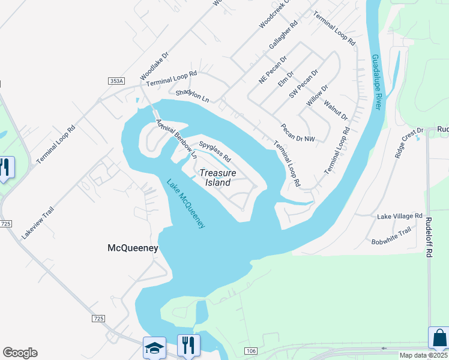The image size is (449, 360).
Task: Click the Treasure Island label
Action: [x=218, y=177]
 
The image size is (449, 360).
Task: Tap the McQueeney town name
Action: [x=133, y=247]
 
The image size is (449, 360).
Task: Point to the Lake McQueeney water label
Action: [x=186, y=203]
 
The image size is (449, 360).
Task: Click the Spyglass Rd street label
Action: [x=215, y=152]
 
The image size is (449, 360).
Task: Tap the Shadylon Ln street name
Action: [x=192, y=95]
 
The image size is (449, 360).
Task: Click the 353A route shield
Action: [x=116, y=81]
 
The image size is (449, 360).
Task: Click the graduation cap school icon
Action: [x=154, y=347]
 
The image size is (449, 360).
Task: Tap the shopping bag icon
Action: [x=439, y=337]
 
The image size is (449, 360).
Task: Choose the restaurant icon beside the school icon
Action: [x=188, y=344]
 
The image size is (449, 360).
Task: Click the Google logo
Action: [x=20, y=353]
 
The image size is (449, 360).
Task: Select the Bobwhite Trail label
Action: [x=391, y=235]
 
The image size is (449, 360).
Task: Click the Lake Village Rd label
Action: [x=400, y=216]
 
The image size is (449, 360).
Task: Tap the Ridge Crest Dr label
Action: [x=409, y=142]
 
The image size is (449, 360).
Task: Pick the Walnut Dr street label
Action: [x=336, y=110]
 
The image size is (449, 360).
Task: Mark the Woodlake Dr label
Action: [x=154, y=65]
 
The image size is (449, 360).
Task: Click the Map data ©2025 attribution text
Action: [x=424, y=355]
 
